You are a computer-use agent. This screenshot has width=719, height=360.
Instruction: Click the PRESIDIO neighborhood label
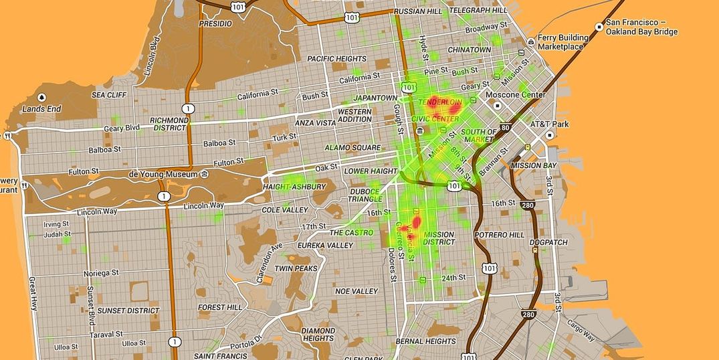coord(215,23)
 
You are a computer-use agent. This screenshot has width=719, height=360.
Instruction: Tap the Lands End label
coord(41,108)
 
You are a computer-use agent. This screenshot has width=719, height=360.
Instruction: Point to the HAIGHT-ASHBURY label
coord(295,187)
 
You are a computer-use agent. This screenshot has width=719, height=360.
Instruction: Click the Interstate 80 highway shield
coord(505,126)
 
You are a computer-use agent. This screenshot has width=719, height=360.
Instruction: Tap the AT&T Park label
coord(549,124)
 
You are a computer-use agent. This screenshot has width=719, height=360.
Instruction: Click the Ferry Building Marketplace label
coord(560,42)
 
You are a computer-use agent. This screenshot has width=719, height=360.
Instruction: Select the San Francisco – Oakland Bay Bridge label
coord(641,27)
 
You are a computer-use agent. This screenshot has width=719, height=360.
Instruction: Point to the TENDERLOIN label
coord(440,102)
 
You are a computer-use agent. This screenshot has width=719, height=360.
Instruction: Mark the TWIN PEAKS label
coord(296,268)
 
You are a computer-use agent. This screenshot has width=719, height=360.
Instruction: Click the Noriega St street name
coord(100,273)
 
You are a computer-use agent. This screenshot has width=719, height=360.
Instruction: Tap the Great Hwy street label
coord(33,294)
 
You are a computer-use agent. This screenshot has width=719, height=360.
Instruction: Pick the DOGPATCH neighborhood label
coord(548,243)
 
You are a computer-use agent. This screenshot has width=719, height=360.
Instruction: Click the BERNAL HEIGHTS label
coord(425,341)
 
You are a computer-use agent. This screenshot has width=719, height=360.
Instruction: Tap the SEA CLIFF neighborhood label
coord(109,95)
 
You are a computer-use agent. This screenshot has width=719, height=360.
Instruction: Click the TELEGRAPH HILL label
coord(478,10)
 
